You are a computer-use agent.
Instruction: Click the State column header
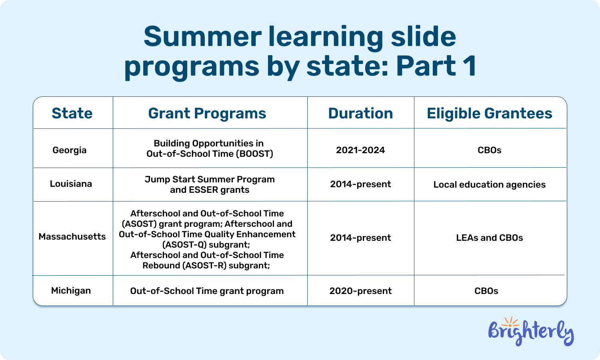tap(72, 114)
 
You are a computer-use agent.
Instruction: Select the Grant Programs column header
tap(207, 114)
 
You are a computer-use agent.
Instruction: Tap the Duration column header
tap(360, 114)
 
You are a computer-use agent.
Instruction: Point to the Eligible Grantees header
tap(489, 114)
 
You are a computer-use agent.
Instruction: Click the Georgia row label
tap(70, 150)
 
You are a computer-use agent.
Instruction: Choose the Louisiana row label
tap(71, 184)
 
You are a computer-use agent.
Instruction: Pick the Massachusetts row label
tap(72, 237)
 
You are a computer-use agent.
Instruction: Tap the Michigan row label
tap(71, 291)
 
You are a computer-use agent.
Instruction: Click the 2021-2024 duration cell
tap(360, 150)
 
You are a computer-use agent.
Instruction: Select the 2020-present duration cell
tap(360, 291)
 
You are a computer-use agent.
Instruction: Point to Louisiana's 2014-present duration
tap(360, 184)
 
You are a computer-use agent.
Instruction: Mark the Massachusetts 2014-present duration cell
tap(360, 238)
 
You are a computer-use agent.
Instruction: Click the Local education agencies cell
tap(489, 185)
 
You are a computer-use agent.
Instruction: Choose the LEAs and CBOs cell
tap(489, 238)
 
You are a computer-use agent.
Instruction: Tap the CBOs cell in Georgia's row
tap(489, 150)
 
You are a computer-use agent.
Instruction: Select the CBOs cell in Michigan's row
tap(486, 291)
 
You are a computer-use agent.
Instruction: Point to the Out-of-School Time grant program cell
tap(207, 291)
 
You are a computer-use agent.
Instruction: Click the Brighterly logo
tap(531, 332)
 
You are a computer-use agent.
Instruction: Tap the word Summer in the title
tap(202, 37)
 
